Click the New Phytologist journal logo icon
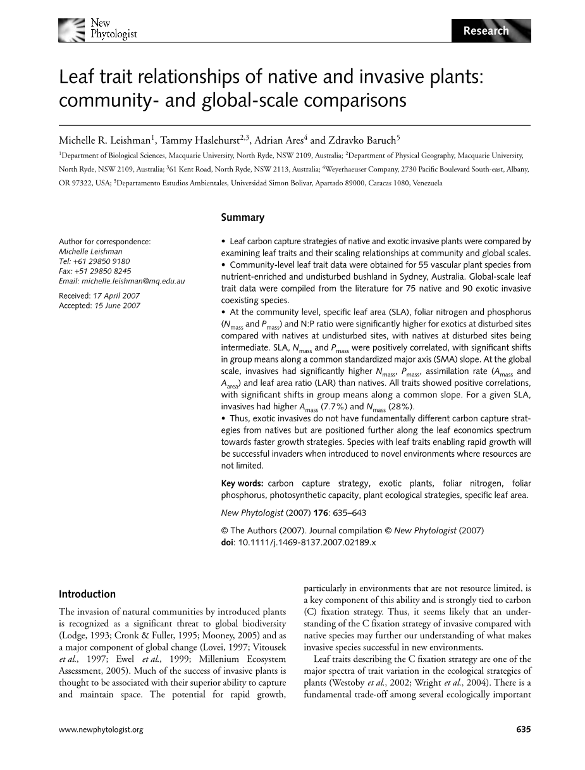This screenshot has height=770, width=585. (71, 29)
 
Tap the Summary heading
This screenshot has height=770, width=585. (242, 218)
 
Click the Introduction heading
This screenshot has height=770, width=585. (87, 594)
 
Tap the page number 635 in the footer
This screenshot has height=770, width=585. (523, 730)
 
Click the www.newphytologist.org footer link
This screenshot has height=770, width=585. (101, 730)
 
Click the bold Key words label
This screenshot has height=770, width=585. (242, 483)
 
